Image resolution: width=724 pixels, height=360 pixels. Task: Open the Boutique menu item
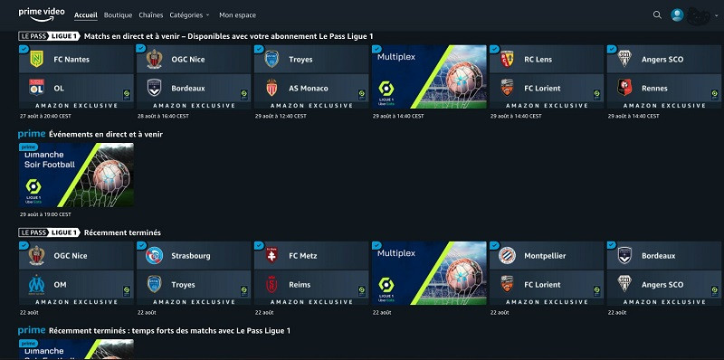[118, 15]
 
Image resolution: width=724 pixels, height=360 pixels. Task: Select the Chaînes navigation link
[150, 15]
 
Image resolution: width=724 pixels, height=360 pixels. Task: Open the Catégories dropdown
[188, 15]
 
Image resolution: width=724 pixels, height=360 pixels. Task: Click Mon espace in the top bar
[237, 15]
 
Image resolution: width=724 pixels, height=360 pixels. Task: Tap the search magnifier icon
[657, 15]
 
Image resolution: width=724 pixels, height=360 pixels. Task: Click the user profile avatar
[677, 14]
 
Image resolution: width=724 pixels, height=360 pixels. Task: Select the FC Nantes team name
[71, 60]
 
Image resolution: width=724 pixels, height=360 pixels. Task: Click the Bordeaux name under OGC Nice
[188, 89]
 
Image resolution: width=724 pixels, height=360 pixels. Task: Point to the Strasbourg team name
[191, 256]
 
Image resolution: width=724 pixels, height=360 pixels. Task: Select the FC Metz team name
[308, 256]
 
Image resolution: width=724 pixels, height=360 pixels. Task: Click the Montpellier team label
[545, 256]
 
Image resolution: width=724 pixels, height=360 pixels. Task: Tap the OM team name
[61, 285]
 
